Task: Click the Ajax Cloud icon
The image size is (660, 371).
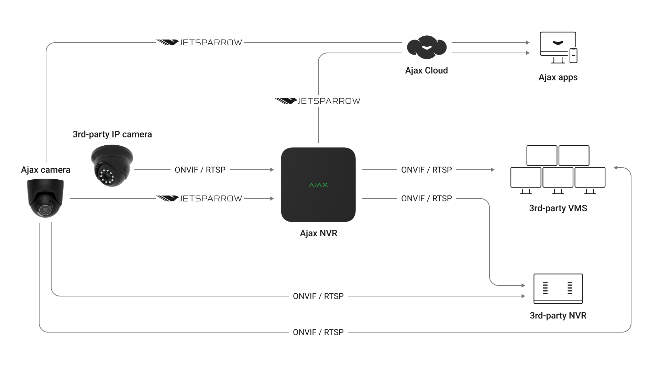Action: point(427,47)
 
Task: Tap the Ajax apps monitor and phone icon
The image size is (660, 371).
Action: point(558,47)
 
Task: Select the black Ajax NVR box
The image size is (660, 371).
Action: point(318,185)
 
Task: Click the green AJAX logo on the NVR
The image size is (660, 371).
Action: point(318,185)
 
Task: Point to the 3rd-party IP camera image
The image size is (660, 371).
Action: point(111,166)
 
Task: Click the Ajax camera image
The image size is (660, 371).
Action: point(45,198)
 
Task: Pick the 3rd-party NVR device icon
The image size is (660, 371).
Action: point(558,289)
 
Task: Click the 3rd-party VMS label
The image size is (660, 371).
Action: point(558,208)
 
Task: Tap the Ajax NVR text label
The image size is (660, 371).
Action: point(318,233)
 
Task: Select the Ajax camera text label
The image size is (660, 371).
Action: point(45,170)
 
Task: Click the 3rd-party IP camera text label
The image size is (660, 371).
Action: point(112,134)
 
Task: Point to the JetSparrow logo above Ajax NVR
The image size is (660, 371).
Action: point(318,101)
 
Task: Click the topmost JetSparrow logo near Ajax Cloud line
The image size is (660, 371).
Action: point(199,43)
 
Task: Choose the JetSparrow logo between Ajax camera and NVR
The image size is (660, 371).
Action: point(199,199)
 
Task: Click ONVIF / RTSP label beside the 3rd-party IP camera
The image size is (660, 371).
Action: point(200,170)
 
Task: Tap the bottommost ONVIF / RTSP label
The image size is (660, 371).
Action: point(318,332)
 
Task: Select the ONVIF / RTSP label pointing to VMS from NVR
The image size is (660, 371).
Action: point(426,170)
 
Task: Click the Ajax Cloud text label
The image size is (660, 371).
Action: point(426,70)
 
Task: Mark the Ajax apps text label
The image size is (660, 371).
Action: point(558,77)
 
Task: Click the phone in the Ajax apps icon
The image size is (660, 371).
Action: point(573,56)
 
